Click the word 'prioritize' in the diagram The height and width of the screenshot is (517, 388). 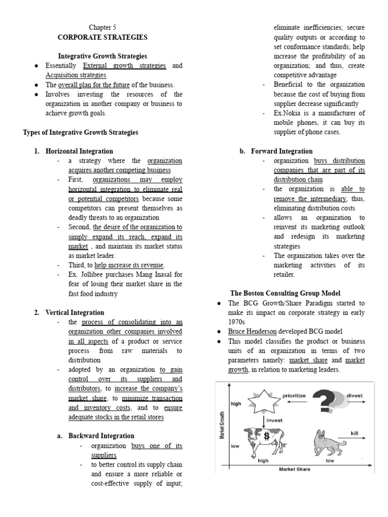click(294, 396)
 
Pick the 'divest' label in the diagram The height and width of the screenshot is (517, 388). click(355, 396)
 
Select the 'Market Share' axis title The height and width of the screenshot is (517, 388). click(295, 469)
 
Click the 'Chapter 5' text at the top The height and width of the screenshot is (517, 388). click(103, 28)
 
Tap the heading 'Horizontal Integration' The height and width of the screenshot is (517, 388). click(79, 151)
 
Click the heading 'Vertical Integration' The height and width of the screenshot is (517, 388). click(75, 313)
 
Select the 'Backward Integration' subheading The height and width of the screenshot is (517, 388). click(101, 436)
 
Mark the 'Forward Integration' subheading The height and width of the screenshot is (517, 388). click(281, 151)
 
